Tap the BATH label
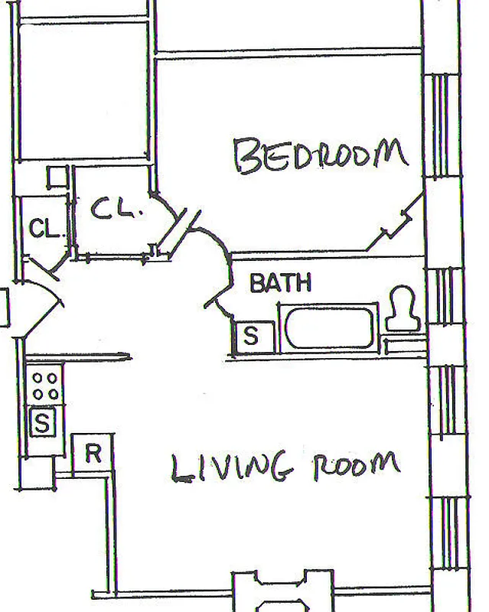coord(281,284)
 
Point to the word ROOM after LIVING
coord(356,466)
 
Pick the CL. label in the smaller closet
coord(44,228)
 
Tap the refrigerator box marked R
coord(93,454)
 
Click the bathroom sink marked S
coord(250,335)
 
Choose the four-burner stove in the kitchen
coord(45,385)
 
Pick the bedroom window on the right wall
coord(442,126)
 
